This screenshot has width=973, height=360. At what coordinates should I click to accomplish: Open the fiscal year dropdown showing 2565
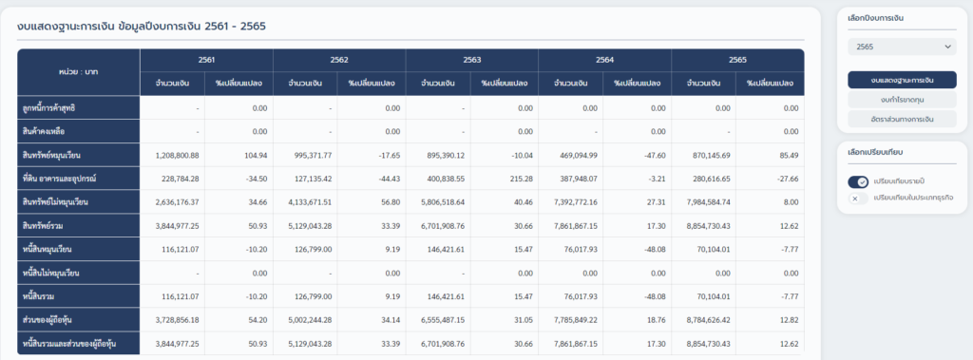(901, 46)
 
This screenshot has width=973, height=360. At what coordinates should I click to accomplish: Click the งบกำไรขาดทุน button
(901, 99)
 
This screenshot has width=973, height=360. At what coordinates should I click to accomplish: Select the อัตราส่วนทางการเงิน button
(901, 119)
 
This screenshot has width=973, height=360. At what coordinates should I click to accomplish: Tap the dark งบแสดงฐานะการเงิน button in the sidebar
(901, 80)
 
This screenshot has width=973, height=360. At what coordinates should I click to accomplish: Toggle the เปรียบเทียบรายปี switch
(858, 182)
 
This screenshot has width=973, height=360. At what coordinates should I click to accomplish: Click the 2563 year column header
(471, 59)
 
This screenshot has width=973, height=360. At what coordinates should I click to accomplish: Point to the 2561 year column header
(206, 59)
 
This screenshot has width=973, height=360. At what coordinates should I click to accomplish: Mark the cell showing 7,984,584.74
(705, 201)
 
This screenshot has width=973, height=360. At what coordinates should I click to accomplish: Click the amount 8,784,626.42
(705, 320)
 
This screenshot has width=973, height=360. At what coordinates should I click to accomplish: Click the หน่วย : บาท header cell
(79, 71)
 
